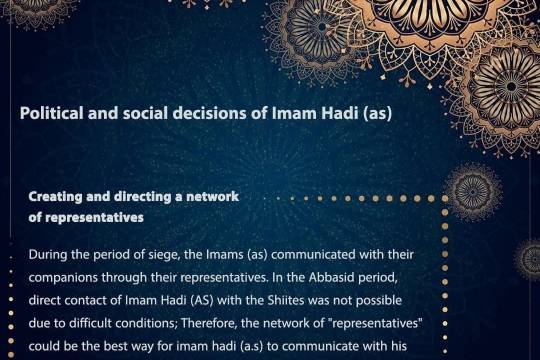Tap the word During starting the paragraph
coord(50,254)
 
